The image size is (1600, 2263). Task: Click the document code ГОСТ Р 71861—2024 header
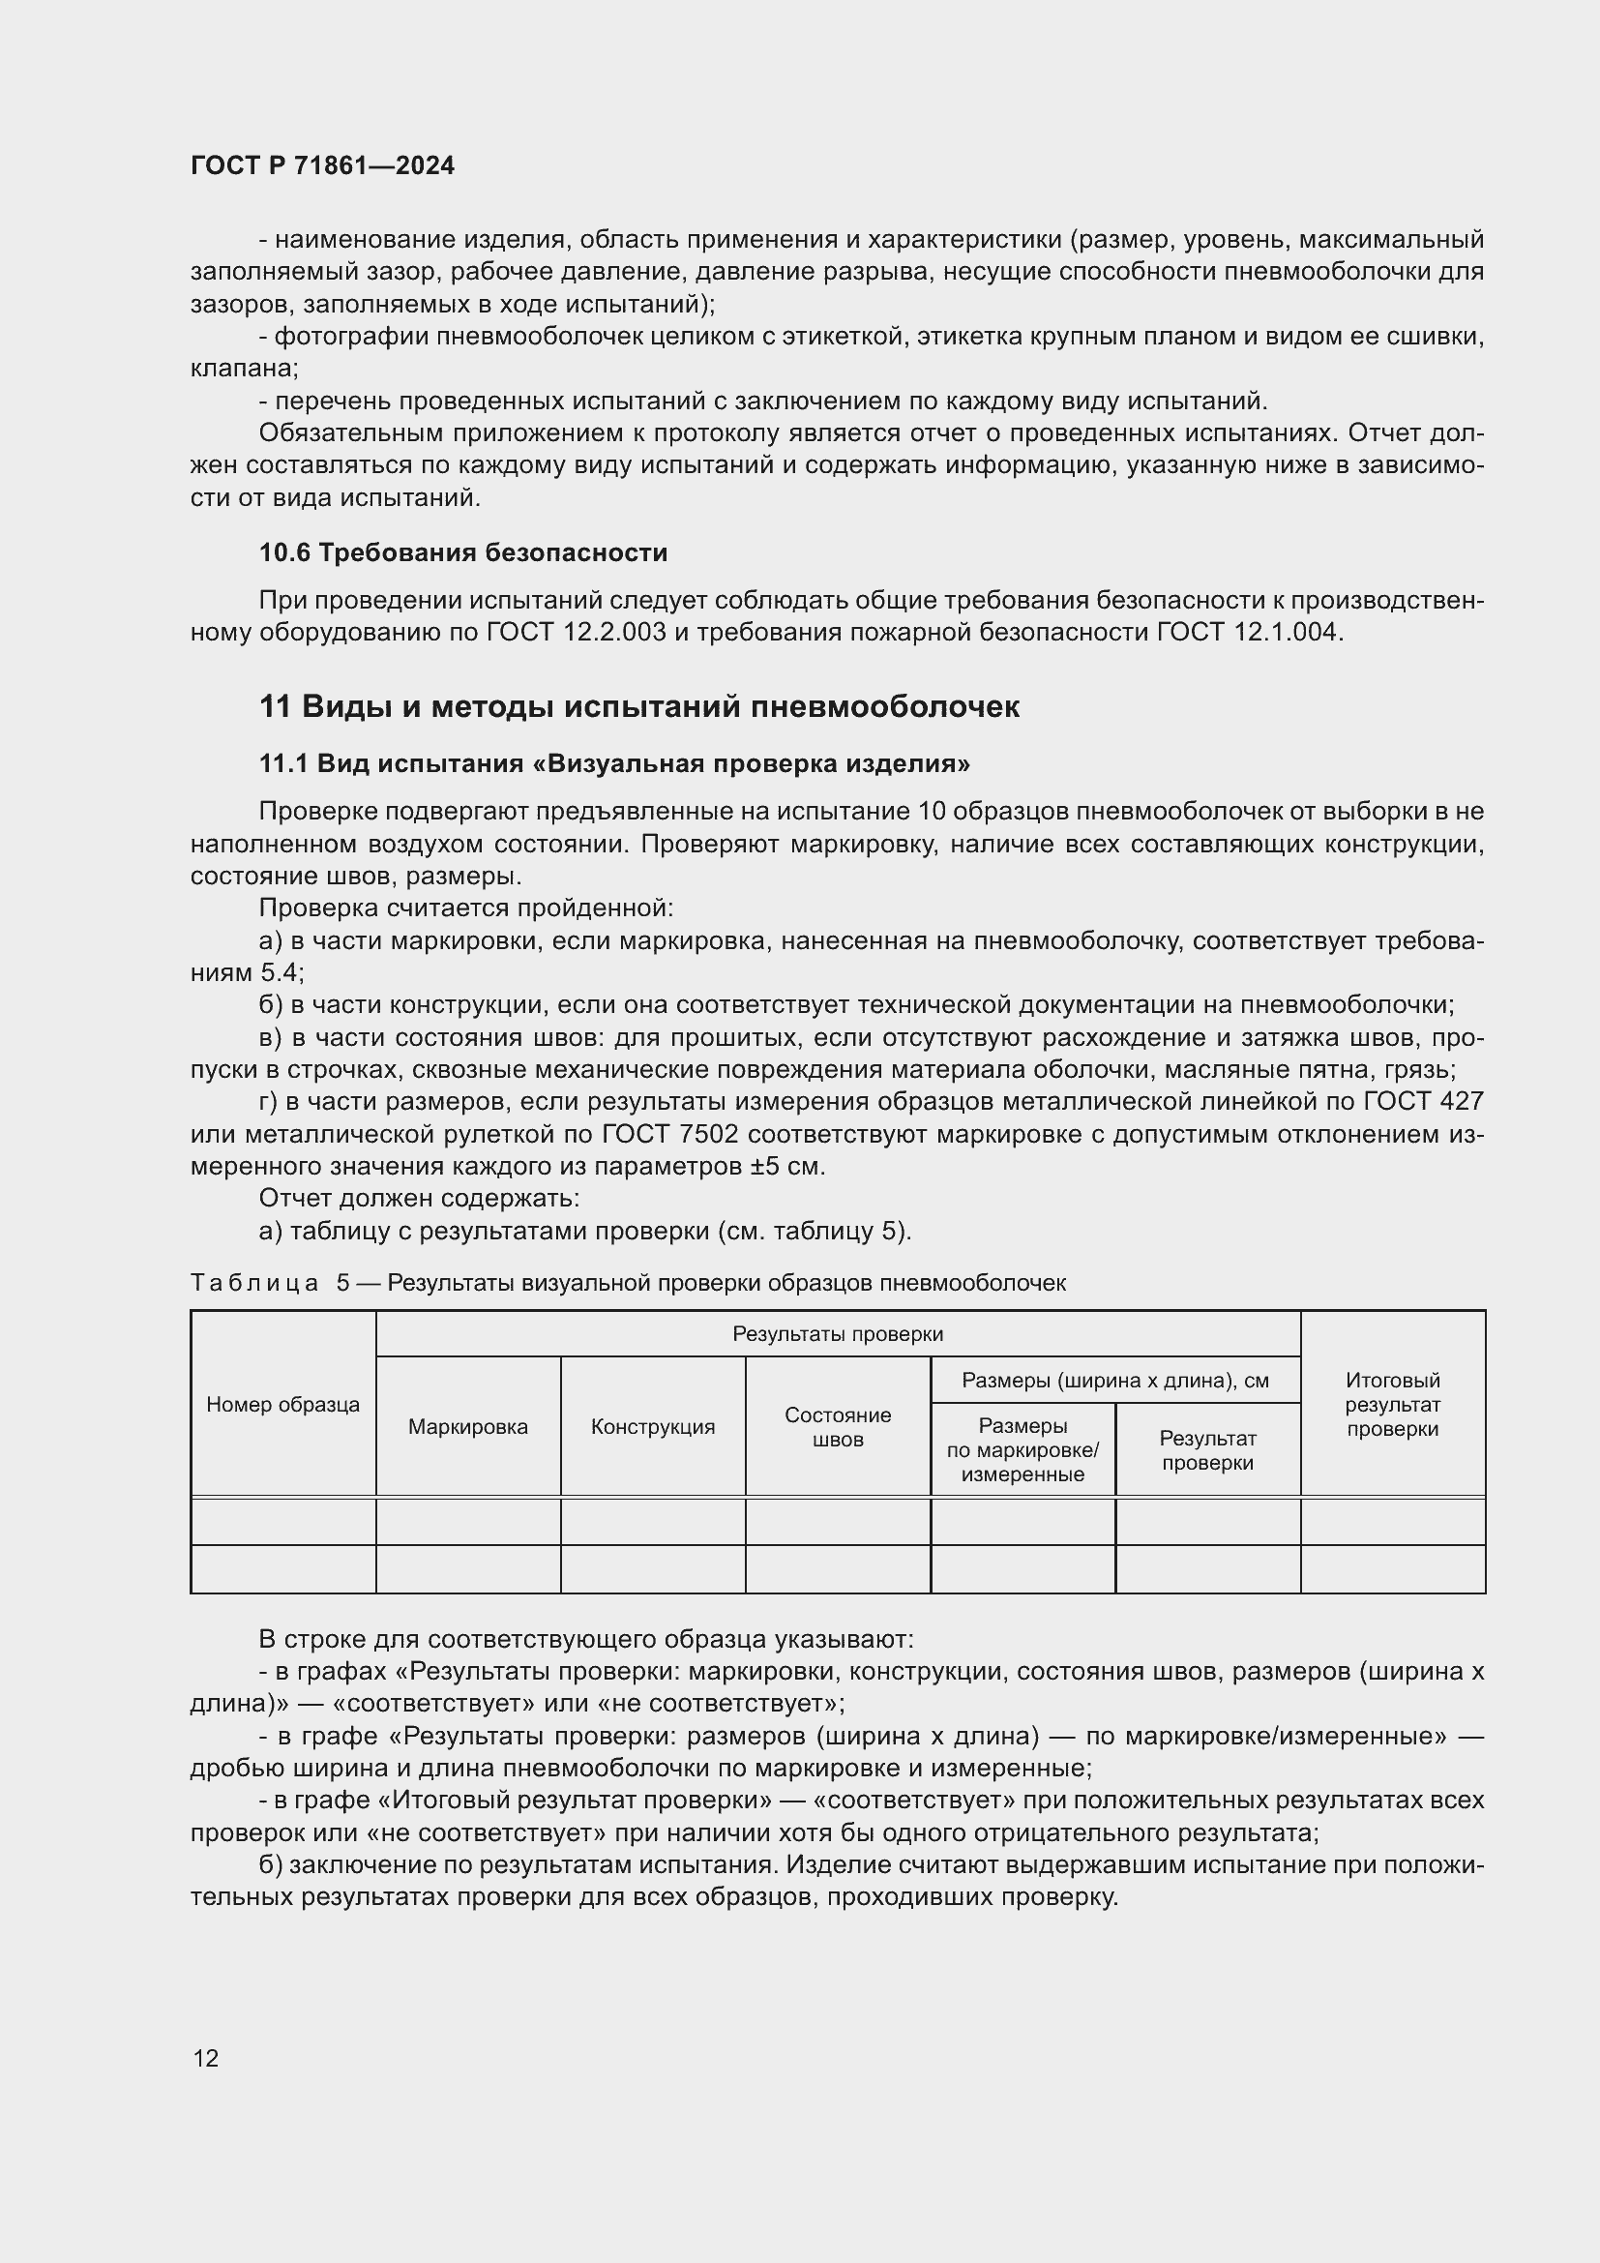pyautogui.click(x=322, y=165)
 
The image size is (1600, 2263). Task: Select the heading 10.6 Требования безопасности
pyautogui.click(x=463, y=553)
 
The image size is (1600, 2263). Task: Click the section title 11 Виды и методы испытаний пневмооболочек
pyautogui.click(x=638, y=706)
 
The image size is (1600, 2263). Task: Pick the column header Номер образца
pyautogui.click(x=282, y=1405)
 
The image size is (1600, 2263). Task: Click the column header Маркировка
pyautogui.click(x=468, y=1426)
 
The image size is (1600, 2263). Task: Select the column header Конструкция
pyautogui.click(x=652, y=1426)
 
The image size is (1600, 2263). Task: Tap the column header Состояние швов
pyautogui.click(x=838, y=1426)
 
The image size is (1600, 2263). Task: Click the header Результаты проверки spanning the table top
pyautogui.click(x=838, y=1333)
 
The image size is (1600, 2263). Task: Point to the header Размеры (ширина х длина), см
pyautogui.click(x=1115, y=1380)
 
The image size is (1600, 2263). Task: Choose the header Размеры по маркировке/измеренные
pyautogui.click(x=1022, y=1450)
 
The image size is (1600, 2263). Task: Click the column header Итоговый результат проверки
pyautogui.click(x=1392, y=1405)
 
